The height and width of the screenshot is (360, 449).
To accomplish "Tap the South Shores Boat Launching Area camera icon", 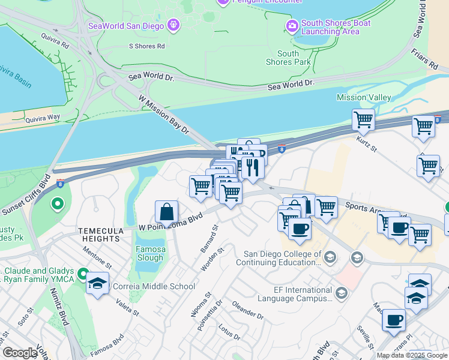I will point(292,26).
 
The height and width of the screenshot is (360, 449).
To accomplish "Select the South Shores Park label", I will point(288,58).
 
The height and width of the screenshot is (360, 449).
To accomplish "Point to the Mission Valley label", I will point(364,97).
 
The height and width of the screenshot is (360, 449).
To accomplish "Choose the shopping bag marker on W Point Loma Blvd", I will point(167,213).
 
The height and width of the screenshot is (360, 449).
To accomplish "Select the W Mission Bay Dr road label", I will point(163,115).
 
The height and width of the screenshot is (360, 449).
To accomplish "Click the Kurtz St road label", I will point(366,143).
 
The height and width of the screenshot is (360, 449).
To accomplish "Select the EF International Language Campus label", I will point(295,293).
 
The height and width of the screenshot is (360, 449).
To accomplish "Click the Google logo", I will point(20,353).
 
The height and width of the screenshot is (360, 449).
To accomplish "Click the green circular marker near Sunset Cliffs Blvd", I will point(58,205).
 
